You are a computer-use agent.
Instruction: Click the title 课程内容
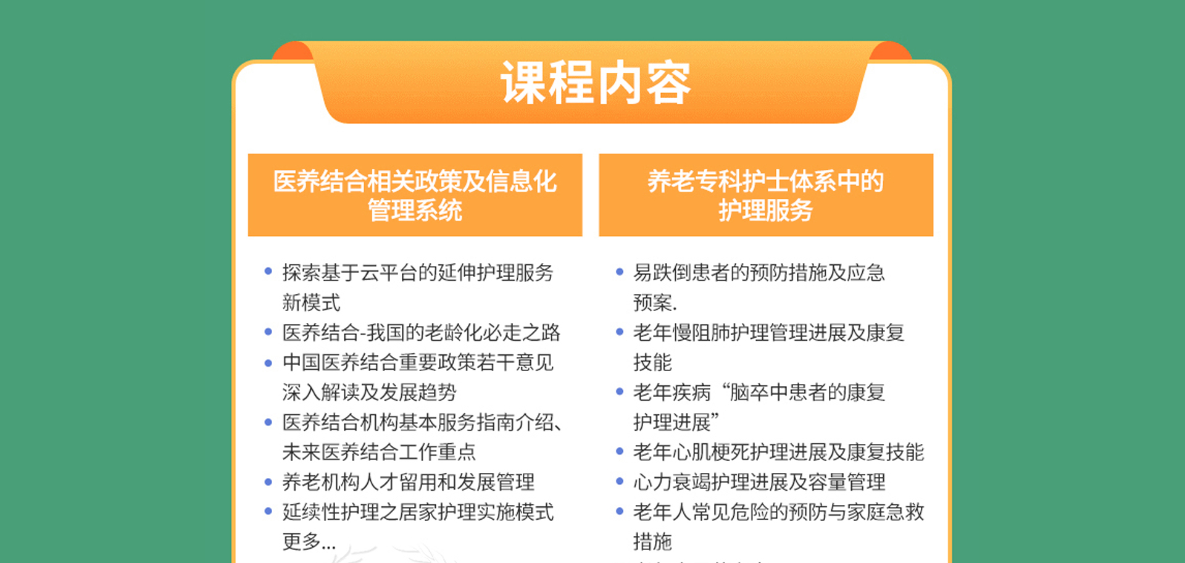point(596,83)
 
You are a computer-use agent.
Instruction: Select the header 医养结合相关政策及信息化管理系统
point(415,195)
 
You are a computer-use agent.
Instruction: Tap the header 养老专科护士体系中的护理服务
point(765,195)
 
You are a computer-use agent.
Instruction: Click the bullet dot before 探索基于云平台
point(268,271)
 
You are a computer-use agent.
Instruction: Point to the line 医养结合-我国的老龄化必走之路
point(421,332)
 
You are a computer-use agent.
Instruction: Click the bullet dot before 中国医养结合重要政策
point(268,362)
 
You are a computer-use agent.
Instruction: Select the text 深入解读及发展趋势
point(369,392)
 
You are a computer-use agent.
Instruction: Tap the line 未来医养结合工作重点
point(379,452)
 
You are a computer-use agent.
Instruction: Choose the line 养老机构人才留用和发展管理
point(408,482)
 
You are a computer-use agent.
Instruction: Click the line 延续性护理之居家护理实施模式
point(418,512)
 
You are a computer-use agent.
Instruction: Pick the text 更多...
point(301,541)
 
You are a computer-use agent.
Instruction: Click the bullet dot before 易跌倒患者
point(620,271)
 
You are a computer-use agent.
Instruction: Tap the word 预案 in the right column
point(652,302)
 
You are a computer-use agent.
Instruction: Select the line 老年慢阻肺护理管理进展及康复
point(768,332)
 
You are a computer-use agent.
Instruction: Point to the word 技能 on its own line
point(652,362)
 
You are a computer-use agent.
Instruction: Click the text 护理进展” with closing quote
point(676,422)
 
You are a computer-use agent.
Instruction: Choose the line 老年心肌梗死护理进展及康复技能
point(778,452)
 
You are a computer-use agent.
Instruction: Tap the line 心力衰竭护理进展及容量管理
point(759,482)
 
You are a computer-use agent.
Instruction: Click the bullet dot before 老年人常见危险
point(620,511)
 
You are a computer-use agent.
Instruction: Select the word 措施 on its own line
point(652,541)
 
